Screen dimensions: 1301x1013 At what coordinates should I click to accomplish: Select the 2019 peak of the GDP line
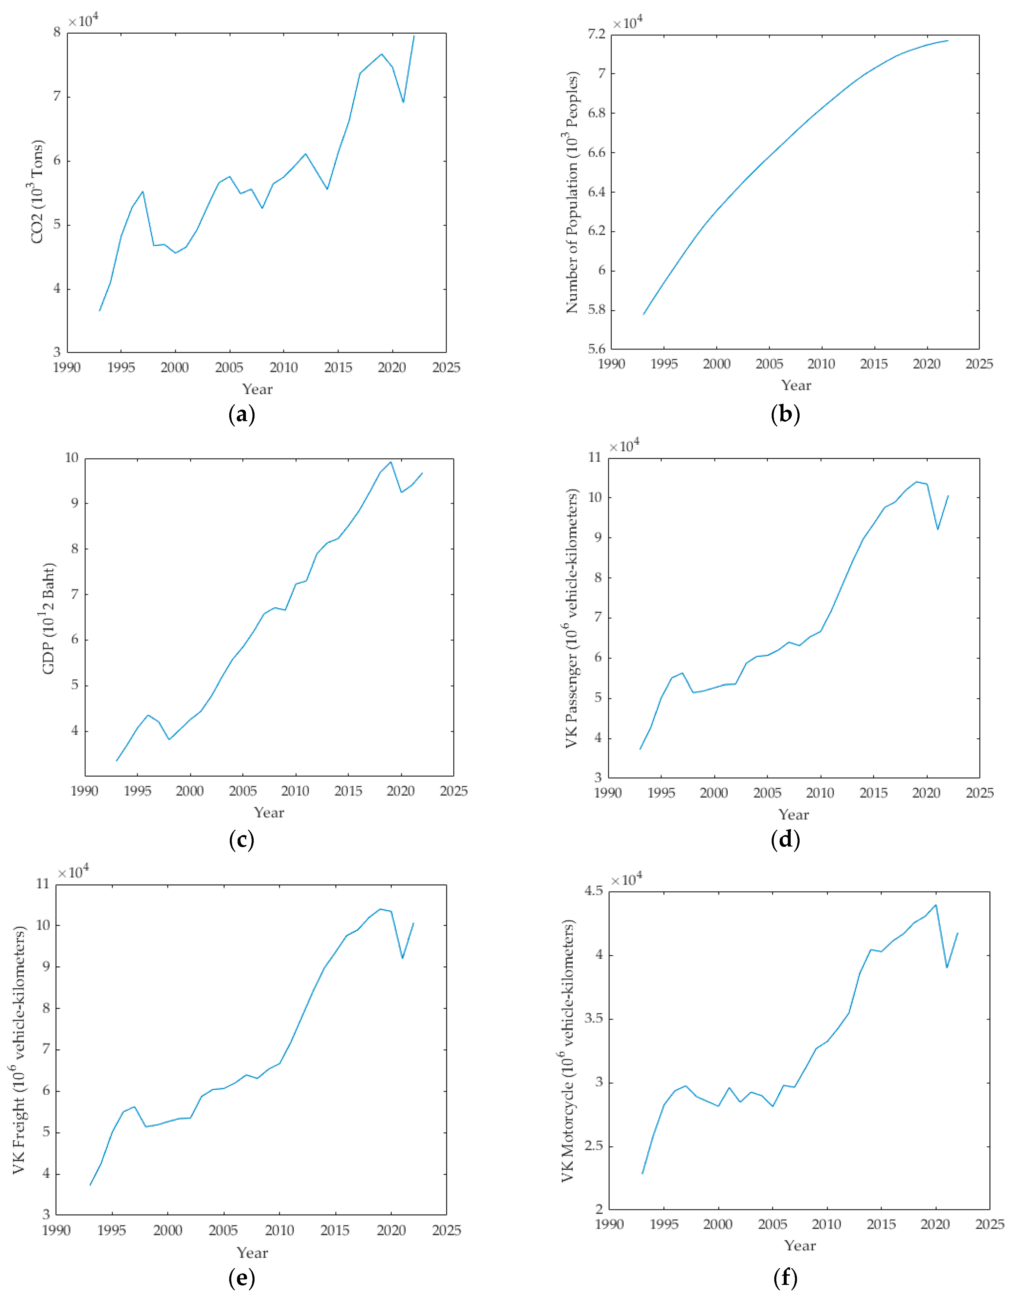pyautogui.click(x=391, y=462)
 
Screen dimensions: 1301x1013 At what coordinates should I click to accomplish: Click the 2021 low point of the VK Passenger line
pyautogui.click(x=938, y=529)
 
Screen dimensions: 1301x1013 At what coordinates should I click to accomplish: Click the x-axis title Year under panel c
pyautogui.click(x=269, y=813)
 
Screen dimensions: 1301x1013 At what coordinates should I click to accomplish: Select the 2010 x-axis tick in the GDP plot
pyautogui.click(x=296, y=791)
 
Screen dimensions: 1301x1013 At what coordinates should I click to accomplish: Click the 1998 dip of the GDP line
pyautogui.click(x=169, y=739)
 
